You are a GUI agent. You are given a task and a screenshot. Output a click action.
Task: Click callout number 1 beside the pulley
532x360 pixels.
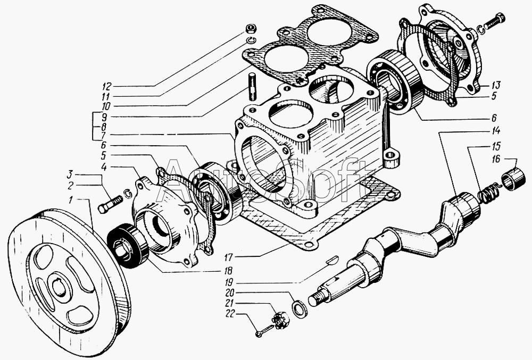pos(71,200)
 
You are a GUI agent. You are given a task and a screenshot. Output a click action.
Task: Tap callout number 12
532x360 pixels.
pos(107,85)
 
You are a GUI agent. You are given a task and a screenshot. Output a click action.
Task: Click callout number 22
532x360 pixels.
pos(231,315)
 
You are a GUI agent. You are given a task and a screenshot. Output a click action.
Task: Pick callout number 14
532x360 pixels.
pos(496,131)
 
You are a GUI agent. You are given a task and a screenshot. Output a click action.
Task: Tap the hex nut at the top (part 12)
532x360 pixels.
pos(251,28)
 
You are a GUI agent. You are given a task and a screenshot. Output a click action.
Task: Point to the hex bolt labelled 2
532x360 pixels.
pos(110,204)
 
